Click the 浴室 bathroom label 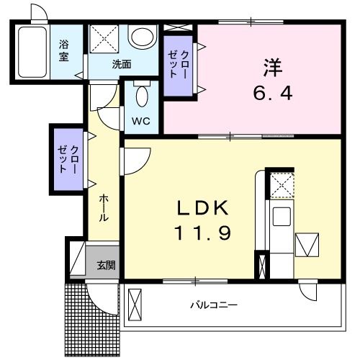pyautogui.click(x=65, y=50)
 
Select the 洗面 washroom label pyautogui.click(x=121, y=64)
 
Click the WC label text pyautogui.click(x=140, y=121)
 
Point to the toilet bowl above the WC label pyautogui.click(x=141, y=94)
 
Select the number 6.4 pyautogui.click(x=271, y=94)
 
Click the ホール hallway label pyautogui.click(x=104, y=207)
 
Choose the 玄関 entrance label pyautogui.click(x=106, y=265)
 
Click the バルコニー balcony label pyautogui.click(x=213, y=305)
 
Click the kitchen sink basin pyautogui.click(x=281, y=215)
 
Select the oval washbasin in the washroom pyautogui.click(x=143, y=37)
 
